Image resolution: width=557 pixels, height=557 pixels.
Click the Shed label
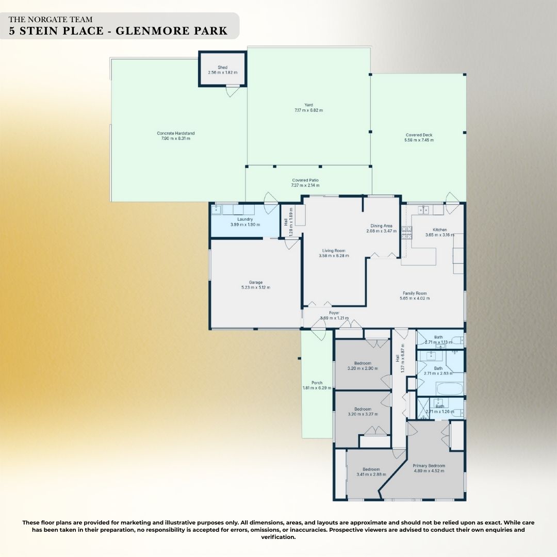click(222, 68)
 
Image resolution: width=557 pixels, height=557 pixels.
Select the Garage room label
click(256, 282)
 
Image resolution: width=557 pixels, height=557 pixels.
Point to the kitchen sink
click(424, 209)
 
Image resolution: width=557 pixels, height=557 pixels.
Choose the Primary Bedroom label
click(429, 465)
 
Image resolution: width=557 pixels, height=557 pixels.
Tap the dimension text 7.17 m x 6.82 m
click(308, 110)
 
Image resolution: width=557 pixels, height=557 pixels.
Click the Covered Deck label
click(419, 135)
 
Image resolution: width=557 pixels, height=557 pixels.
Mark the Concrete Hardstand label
click(176, 133)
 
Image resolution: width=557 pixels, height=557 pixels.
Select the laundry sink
click(217, 209)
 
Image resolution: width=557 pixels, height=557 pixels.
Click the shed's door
click(234, 91)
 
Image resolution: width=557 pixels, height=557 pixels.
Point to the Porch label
click(316, 383)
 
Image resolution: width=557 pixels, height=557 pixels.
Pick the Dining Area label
click(382, 225)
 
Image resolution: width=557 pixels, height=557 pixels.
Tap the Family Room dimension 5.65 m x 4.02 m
click(416, 298)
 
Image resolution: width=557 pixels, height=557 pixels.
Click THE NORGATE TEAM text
click(51, 20)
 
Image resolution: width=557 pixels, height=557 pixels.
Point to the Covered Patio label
click(305, 180)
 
